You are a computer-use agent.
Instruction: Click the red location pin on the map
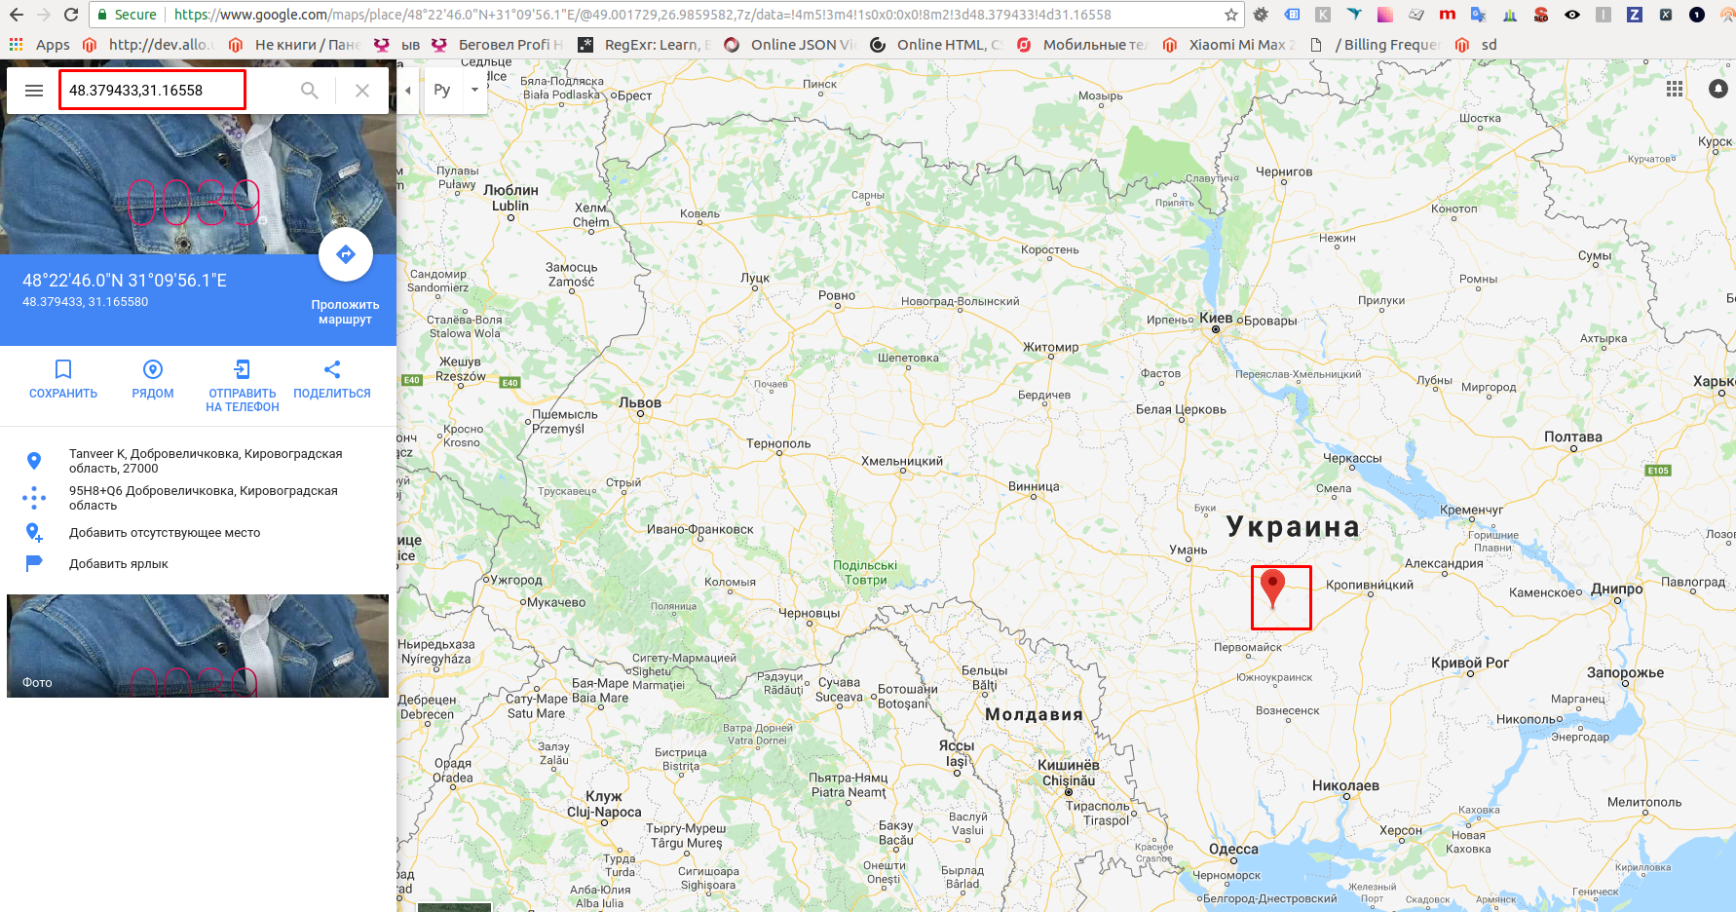pyautogui.click(x=1272, y=589)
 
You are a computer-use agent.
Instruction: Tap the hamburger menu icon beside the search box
pyautogui.click(x=34, y=91)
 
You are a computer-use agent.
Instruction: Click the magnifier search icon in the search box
pyautogui.click(x=310, y=91)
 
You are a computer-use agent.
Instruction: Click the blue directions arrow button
pyautogui.click(x=346, y=255)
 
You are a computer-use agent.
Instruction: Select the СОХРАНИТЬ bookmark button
pyautogui.click(x=63, y=379)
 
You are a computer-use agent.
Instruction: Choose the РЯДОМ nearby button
pyautogui.click(x=153, y=379)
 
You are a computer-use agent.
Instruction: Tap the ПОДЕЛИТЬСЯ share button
pyautogui.click(x=332, y=379)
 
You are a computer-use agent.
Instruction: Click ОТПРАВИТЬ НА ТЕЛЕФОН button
pyautogui.click(x=243, y=386)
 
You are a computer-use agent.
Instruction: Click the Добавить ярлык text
pyautogui.click(x=119, y=564)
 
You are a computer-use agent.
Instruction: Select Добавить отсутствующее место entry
pyautogui.click(x=165, y=533)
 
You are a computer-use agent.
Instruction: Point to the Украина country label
pyautogui.click(x=1293, y=527)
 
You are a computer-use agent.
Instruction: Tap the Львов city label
pyautogui.click(x=640, y=402)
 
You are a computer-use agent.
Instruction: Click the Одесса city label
pyautogui.click(x=1233, y=849)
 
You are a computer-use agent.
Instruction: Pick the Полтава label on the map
pyautogui.click(x=1573, y=437)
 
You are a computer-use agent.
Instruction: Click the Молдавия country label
pyautogui.click(x=1034, y=714)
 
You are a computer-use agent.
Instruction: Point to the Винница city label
pyautogui.click(x=1034, y=486)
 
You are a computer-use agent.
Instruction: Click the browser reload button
pyautogui.click(x=71, y=15)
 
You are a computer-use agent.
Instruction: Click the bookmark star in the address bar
pyautogui.click(x=1231, y=15)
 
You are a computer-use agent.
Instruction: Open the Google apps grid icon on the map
pyautogui.click(x=1675, y=89)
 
